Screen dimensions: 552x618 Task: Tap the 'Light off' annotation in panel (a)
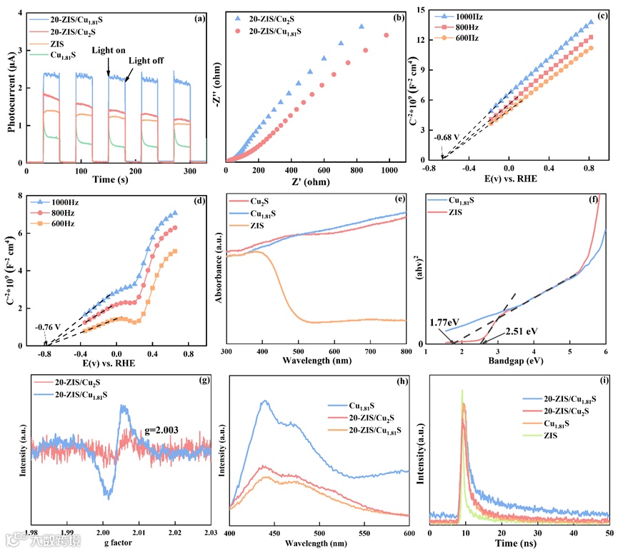[x=146, y=61]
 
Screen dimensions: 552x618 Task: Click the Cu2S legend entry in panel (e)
[x=263, y=201]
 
